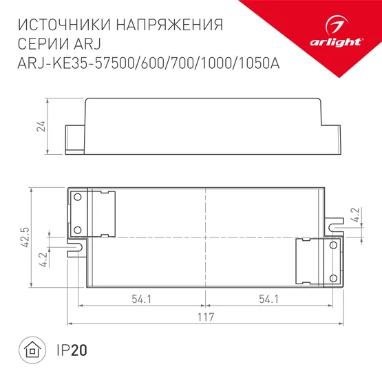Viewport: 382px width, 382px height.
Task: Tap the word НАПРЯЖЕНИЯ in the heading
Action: point(170,25)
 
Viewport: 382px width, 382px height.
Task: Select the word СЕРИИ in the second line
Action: point(40,45)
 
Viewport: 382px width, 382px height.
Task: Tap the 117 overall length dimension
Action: point(205,317)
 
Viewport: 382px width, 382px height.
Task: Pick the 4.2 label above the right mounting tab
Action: point(355,215)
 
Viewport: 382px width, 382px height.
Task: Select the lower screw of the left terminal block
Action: point(78,229)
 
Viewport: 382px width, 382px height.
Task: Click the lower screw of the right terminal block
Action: point(334,277)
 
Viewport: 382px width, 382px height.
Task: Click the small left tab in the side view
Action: point(74,139)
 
